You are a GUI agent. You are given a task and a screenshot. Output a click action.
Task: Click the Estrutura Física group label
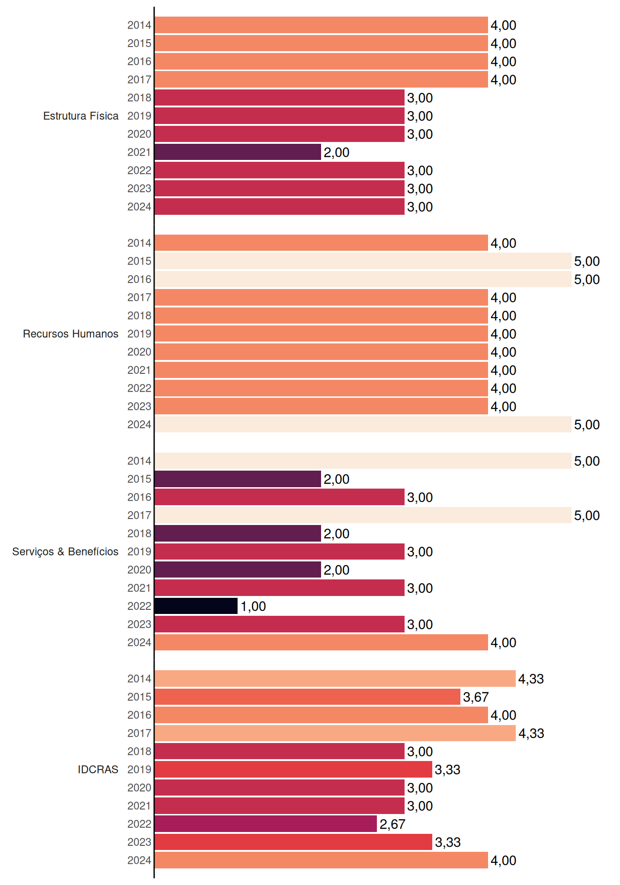pyautogui.click(x=81, y=116)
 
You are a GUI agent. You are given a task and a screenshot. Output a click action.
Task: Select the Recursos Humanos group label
pyautogui.click(x=71, y=334)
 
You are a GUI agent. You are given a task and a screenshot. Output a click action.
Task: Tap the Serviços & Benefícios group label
pyautogui.click(x=65, y=552)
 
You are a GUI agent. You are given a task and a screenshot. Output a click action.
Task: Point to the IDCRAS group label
pyautogui.click(x=98, y=769)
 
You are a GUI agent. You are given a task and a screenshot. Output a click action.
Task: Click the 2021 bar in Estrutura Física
pyautogui.click(x=238, y=152)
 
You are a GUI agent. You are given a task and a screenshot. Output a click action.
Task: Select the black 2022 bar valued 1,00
pyautogui.click(x=196, y=606)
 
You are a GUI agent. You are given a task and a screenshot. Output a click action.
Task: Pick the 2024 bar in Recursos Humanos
pyautogui.click(x=363, y=425)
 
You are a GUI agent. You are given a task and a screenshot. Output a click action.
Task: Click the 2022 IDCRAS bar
pyautogui.click(x=266, y=824)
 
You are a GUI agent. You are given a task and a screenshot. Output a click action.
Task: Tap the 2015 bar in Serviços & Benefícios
pyautogui.click(x=238, y=479)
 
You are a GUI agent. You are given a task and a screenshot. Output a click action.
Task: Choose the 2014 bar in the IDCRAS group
pyautogui.click(x=335, y=678)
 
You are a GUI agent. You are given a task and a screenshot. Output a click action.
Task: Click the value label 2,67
pyautogui.click(x=392, y=824)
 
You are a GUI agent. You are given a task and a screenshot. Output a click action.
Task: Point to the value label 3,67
pyautogui.click(x=476, y=697)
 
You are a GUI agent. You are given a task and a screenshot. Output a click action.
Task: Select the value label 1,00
pyautogui.click(x=253, y=606)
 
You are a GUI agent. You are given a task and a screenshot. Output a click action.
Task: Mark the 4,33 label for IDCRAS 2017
pyautogui.click(x=531, y=733)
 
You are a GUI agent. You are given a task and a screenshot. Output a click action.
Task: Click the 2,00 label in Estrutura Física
pyautogui.click(x=336, y=153)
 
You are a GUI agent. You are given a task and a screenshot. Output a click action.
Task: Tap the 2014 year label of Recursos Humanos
pyautogui.click(x=139, y=243)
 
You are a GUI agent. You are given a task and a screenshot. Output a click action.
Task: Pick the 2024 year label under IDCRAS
pyautogui.click(x=139, y=860)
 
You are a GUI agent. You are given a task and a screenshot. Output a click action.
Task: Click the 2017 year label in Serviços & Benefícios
pyautogui.click(x=139, y=515)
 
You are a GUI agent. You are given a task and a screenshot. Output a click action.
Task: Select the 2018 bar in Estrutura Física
pyautogui.click(x=280, y=98)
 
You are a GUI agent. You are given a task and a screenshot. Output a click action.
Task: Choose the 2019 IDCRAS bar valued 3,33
pyautogui.click(x=293, y=769)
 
